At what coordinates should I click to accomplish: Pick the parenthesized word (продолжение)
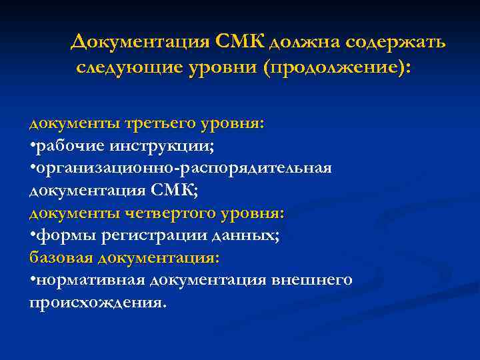[x=337, y=68]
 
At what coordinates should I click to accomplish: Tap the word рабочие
[x=66, y=146]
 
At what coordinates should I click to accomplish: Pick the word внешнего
[x=313, y=281]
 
